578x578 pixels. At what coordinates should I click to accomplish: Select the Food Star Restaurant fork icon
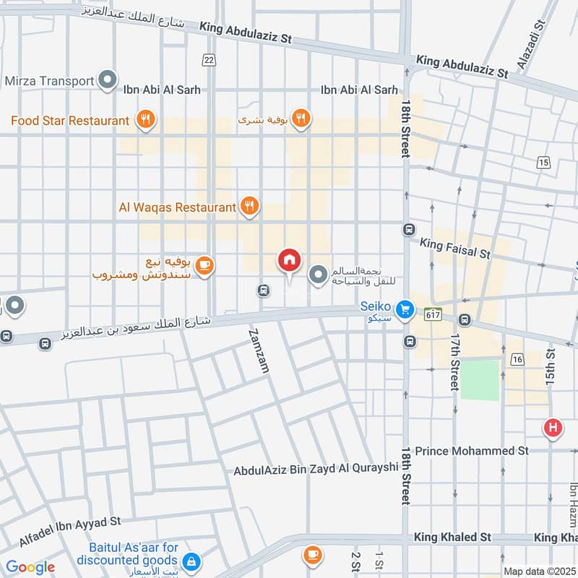[x=145, y=120]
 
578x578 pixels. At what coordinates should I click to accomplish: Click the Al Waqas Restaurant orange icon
[x=249, y=207]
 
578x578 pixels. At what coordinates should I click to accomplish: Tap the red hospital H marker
[x=553, y=428]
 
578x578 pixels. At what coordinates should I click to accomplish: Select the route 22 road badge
[x=209, y=59]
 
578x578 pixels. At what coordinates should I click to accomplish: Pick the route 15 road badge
[x=543, y=163]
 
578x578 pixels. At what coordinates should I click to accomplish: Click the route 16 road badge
[x=517, y=359]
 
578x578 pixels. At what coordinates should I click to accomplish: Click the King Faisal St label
[x=455, y=249]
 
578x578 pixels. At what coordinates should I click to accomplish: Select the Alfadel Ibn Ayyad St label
[x=69, y=532]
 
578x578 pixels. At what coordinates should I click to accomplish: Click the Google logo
[x=30, y=567]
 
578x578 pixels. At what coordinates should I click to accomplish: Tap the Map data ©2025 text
[x=539, y=571]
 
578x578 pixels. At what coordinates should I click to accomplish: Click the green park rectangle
[x=480, y=380]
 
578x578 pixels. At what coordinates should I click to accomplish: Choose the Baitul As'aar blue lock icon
[x=191, y=561]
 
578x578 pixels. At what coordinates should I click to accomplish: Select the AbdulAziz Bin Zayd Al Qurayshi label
[x=316, y=469]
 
